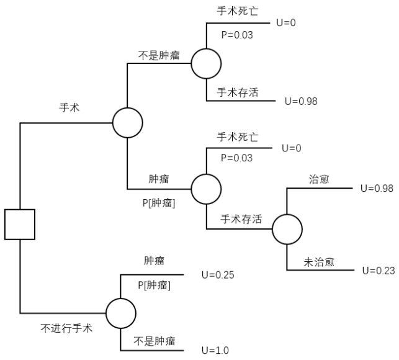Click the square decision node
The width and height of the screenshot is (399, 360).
[x=20, y=224]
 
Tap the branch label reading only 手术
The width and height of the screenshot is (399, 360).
[x=68, y=107]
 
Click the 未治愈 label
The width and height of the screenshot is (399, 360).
[x=319, y=261]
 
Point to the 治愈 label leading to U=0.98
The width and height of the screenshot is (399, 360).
[x=319, y=179]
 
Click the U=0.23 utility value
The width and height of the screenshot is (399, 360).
[x=377, y=270]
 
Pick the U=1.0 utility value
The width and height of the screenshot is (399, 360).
[x=215, y=351]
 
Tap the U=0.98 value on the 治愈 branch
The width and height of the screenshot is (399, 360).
[x=377, y=189]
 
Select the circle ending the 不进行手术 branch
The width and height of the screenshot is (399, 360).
[x=120, y=312]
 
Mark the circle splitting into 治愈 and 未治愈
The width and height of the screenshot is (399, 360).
[x=287, y=230]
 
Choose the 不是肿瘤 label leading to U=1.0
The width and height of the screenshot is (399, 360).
[x=154, y=341]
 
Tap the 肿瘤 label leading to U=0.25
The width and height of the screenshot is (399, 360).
[x=154, y=261]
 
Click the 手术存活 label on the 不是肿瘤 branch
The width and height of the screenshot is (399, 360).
[x=238, y=92]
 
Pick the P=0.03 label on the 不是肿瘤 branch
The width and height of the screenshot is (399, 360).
[x=236, y=35]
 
